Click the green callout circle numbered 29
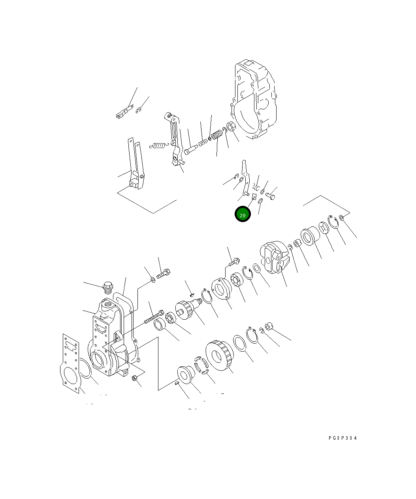243,215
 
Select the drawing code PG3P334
342,438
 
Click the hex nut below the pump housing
134,378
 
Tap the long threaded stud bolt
154,317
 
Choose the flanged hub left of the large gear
184,374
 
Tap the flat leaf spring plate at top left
124,113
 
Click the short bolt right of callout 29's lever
271,195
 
